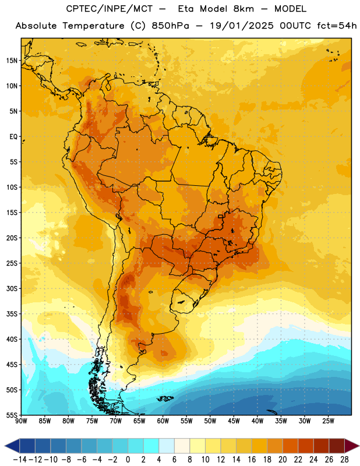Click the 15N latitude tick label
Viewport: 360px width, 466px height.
click(12, 61)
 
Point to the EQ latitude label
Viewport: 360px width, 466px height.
click(13, 137)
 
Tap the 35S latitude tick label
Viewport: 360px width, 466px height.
click(12, 314)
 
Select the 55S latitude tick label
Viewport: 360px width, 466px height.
click(12, 415)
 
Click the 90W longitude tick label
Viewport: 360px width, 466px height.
click(21, 421)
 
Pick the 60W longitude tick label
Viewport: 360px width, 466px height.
click(163, 421)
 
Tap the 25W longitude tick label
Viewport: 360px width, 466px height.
click(328, 421)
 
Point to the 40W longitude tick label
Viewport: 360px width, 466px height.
click(257, 421)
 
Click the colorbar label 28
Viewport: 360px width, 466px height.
click(344, 460)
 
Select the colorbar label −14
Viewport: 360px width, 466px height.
click(20, 460)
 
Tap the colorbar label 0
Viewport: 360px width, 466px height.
click(128, 460)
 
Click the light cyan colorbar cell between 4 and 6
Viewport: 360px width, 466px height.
click(167, 446)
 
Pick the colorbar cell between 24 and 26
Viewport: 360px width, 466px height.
click(321, 446)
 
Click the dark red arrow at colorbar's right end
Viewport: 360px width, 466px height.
click(351, 446)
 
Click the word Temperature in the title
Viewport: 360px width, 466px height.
click(93, 26)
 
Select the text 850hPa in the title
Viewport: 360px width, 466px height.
click(170, 26)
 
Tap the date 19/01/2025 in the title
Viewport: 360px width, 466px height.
click(242, 26)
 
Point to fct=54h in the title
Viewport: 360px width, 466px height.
click(337, 26)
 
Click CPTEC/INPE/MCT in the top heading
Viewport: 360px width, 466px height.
click(110, 9)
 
